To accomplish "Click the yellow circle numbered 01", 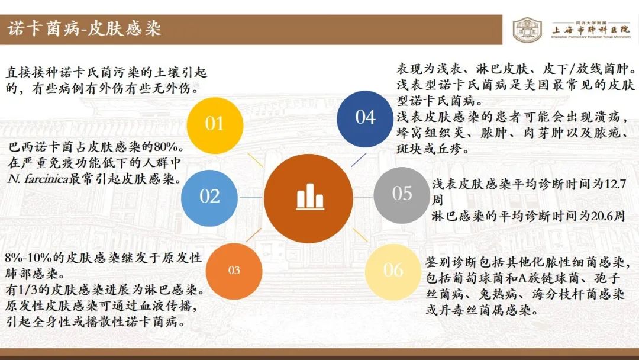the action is click(215, 126).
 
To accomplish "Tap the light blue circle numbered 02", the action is click(209, 198).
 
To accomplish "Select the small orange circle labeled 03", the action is click(234, 271).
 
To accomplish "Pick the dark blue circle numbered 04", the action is click(365, 118).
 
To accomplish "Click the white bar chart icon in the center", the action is click(310, 197).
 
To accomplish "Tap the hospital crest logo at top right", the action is click(527, 30).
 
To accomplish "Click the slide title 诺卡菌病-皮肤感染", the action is click(85, 29).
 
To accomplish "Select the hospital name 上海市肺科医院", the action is click(591, 30).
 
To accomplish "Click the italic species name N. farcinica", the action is click(38, 179).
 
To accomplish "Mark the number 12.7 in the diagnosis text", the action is click(615, 184).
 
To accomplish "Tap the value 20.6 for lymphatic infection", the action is click(602, 216).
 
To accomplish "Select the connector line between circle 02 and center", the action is click(251, 197).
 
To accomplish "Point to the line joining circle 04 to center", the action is click(359, 160).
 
